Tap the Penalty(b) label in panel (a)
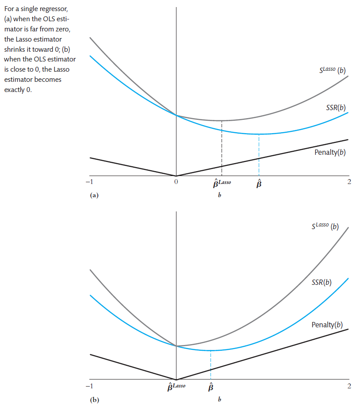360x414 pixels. pos(330,153)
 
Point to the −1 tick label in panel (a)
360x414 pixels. pos(90,181)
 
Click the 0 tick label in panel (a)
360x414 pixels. pos(176,182)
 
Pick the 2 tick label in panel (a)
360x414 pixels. pos(349,181)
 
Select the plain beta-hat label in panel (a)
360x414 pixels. pos(259,183)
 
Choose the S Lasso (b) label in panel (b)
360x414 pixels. pos(325,226)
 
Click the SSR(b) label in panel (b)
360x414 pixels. pos(322,282)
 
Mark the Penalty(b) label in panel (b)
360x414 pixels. pos(327,325)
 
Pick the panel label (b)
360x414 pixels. pos(94,400)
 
